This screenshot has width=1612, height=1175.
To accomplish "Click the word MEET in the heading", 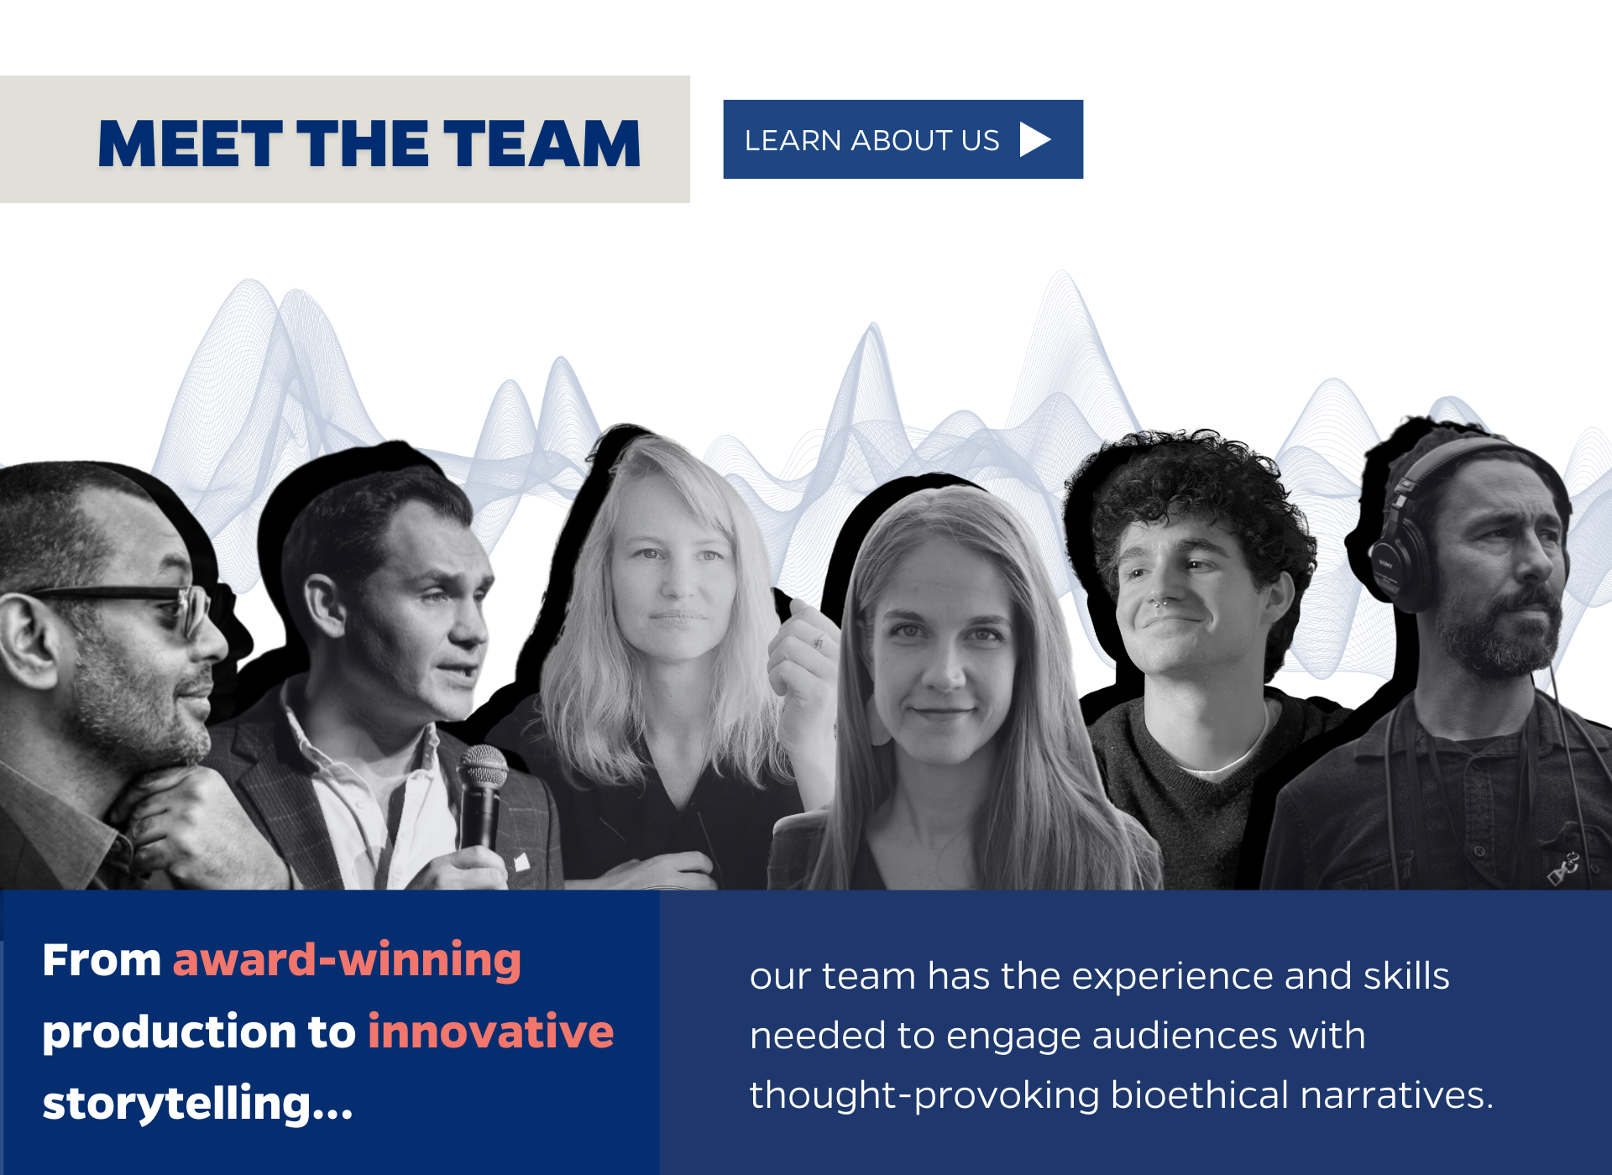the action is (191, 144).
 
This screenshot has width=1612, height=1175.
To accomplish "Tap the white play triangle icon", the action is (1035, 139).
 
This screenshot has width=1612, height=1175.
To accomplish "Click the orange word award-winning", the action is (347, 960).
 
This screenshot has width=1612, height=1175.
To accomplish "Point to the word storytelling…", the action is (198, 1103).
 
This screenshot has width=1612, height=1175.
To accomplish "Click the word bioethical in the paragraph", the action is (1199, 1095).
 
